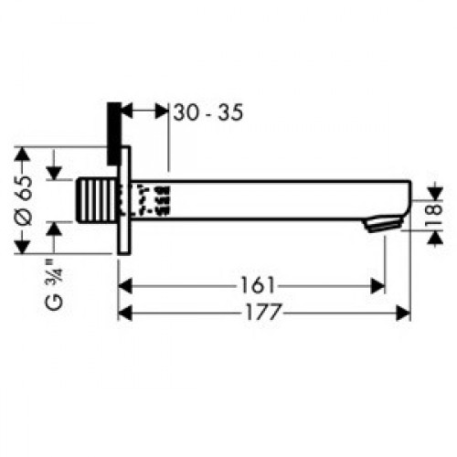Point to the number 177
[258, 313]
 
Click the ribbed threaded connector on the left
[94, 199]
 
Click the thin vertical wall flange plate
[126, 201]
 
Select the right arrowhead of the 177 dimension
[404, 313]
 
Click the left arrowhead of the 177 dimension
[126, 313]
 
